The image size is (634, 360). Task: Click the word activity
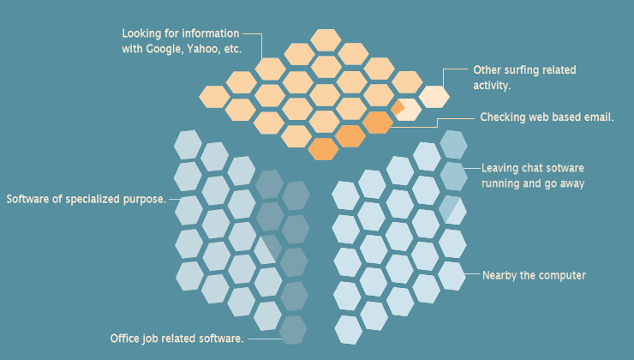point(492,86)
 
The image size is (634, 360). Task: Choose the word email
point(599,117)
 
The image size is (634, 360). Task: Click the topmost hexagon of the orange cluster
point(326,40)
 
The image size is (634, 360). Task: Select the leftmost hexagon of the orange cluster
point(214,97)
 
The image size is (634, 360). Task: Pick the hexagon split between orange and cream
point(406,109)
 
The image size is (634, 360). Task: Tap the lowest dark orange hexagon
point(323,149)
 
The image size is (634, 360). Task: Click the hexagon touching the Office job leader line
point(294,330)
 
